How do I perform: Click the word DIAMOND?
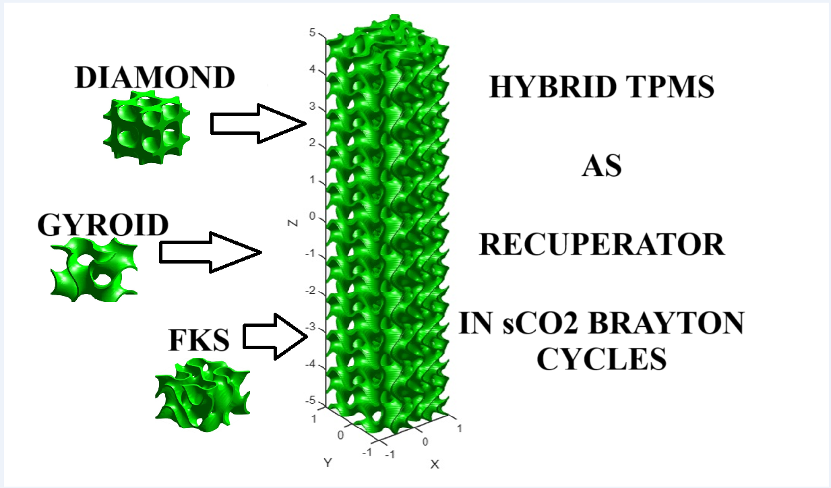click(x=155, y=78)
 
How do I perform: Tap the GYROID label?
click(x=102, y=224)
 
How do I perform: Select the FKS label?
click(x=199, y=341)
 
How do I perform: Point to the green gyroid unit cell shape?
click(x=95, y=269)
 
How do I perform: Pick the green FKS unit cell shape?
click(x=202, y=395)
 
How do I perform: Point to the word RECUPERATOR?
click(x=601, y=245)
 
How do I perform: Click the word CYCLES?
click(x=601, y=359)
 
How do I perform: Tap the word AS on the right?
click(x=601, y=166)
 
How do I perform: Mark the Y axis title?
click(x=328, y=463)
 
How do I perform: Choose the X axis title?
click(x=435, y=464)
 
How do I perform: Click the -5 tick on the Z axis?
click(x=311, y=401)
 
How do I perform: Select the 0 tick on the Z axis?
click(x=313, y=216)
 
